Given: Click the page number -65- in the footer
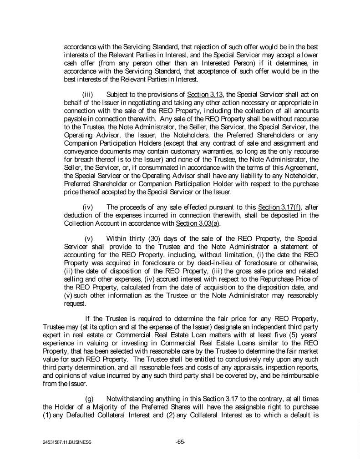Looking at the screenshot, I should (x=180, y=441).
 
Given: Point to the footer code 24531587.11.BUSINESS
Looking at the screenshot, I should (x=63, y=442).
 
